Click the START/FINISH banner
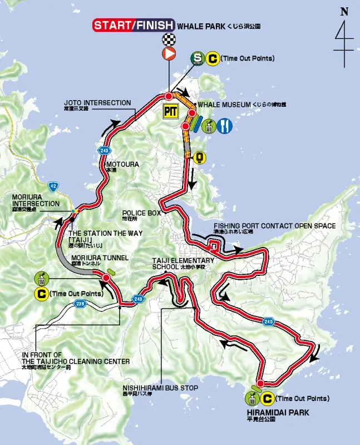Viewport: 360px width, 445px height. (x=133, y=26)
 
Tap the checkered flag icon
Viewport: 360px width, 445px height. (x=169, y=39)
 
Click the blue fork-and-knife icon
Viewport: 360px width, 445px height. (x=224, y=126)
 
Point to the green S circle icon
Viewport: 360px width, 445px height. (x=197, y=58)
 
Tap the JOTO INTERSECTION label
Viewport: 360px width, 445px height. (x=97, y=103)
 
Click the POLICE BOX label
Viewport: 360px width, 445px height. (x=142, y=213)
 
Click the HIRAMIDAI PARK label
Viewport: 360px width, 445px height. (x=277, y=413)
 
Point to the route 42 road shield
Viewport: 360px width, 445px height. (x=53, y=187)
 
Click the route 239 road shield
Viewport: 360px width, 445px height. (x=80, y=303)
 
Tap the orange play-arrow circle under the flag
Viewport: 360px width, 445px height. (x=169, y=53)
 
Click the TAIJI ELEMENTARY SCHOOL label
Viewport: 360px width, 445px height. (x=183, y=260)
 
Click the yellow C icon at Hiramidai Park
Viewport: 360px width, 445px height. (x=267, y=398)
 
